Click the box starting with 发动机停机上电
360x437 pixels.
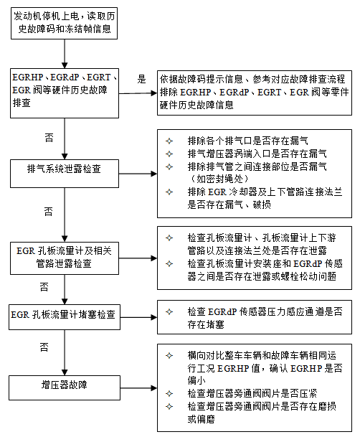(x=64, y=24)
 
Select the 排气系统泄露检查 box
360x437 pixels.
(x=65, y=174)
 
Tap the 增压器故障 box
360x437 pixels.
(x=65, y=387)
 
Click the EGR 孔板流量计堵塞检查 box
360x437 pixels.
(x=65, y=317)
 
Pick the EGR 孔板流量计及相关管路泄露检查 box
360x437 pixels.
(x=65, y=258)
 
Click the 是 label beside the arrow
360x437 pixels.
(x=141, y=79)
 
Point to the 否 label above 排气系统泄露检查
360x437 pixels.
(x=49, y=137)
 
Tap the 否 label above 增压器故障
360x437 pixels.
(x=44, y=347)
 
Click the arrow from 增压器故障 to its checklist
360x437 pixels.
(x=138, y=387)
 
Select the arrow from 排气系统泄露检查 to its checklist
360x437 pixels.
(x=138, y=174)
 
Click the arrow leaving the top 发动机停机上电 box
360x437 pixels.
(x=65, y=54)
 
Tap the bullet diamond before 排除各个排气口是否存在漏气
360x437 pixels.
(x=169, y=141)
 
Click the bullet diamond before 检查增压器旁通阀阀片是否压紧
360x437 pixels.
(x=169, y=393)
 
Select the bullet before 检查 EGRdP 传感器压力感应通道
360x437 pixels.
(x=169, y=311)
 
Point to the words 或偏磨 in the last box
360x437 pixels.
(x=201, y=419)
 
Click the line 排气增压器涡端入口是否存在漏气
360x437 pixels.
(x=257, y=154)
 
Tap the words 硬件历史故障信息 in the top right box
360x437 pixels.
(x=196, y=105)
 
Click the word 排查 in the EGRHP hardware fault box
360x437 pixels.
(x=22, y=103)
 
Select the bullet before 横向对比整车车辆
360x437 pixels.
(x=169, y=356)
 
